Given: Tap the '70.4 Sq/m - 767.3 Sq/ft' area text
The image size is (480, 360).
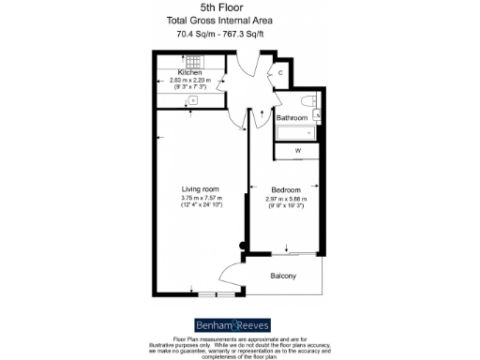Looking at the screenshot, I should coord(221,35).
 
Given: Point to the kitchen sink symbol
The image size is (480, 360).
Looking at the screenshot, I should coord(192,100).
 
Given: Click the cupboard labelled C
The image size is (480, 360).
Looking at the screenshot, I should coord(280,73).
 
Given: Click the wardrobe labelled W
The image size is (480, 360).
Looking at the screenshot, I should coord(298,151).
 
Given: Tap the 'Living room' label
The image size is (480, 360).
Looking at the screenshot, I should coord(199,187).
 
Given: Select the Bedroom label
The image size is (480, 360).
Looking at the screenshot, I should coord(288,187).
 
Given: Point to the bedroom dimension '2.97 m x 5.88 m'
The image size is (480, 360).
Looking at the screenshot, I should coord(288,198).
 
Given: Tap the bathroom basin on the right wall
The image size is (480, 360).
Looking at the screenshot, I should coord(318,114).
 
